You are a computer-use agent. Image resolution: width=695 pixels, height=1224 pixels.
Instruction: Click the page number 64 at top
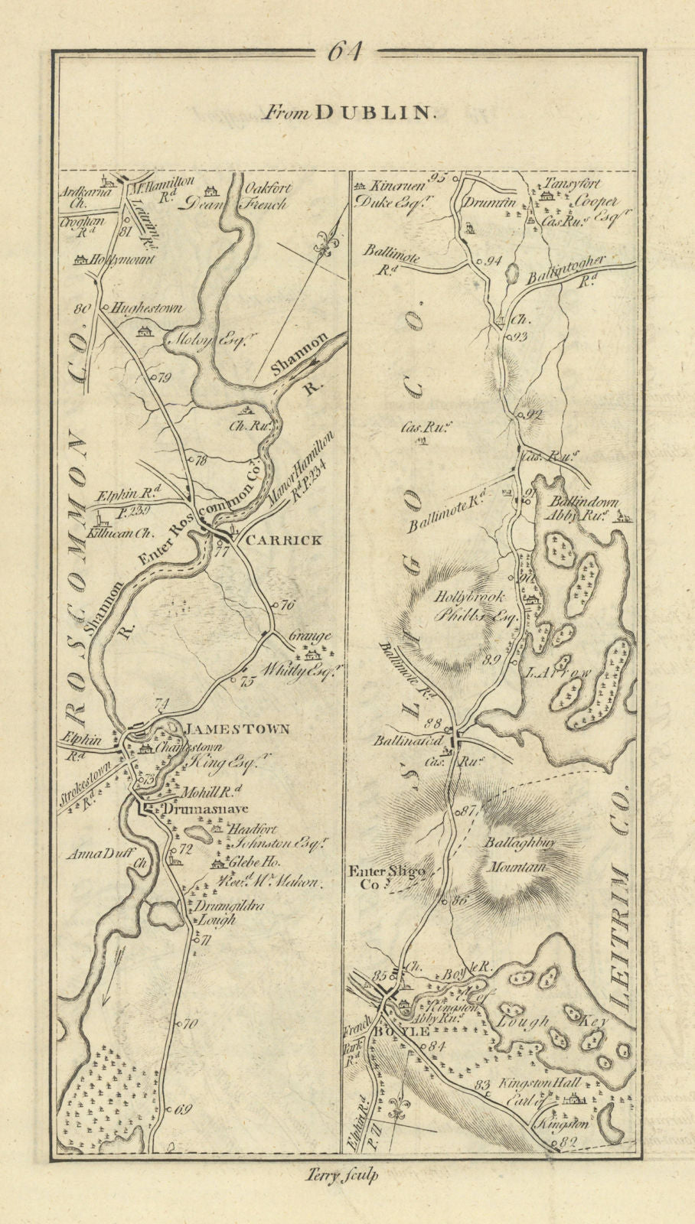pos(346,53)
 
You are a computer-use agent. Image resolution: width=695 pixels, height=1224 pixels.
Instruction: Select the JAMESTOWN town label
pos(234,730)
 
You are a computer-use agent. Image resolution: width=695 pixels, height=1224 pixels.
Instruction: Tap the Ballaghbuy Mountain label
pos(513,855)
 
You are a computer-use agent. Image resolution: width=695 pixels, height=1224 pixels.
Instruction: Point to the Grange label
pos(310,636)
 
